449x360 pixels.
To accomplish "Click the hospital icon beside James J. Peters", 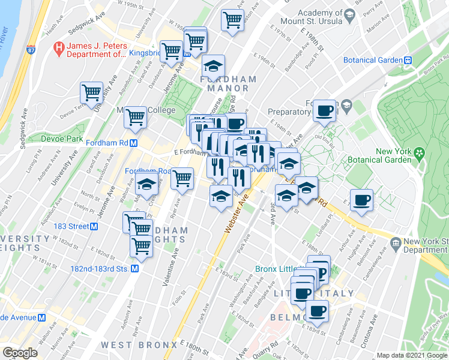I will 59,46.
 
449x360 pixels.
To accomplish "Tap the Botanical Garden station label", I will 372,60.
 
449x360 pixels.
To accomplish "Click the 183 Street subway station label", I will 71,226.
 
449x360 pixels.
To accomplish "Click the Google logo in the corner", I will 20,352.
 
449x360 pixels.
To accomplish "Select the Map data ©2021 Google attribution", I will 412,355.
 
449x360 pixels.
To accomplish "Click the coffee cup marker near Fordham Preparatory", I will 324,111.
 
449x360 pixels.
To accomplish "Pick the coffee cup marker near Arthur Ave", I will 361,201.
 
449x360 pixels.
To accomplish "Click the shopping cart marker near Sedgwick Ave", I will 92,93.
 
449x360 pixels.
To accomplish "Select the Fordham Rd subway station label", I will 112,143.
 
